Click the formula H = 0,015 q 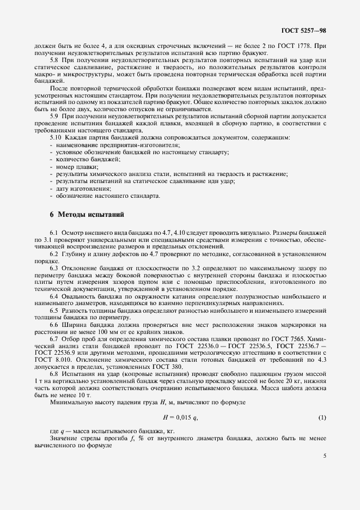(x=180, y=417)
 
